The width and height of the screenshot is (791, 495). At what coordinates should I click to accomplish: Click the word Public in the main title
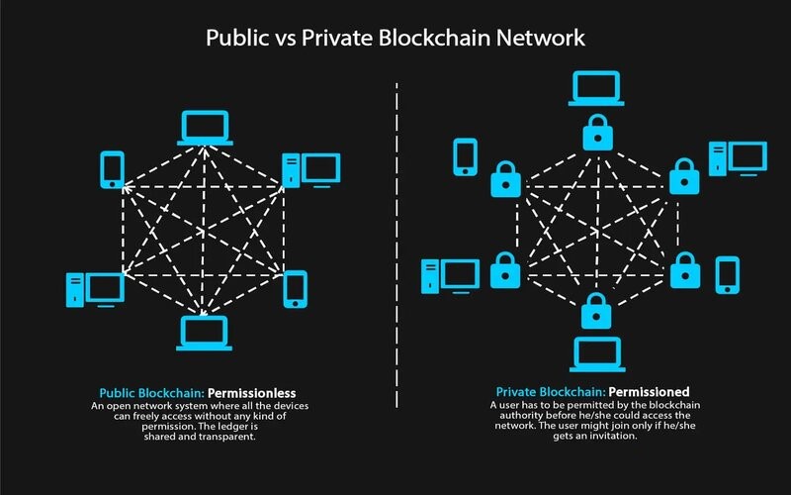[x=237, y=39]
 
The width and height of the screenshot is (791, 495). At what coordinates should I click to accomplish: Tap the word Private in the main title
[x=337, y=38]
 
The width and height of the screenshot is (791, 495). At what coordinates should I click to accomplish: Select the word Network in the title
[x=540, y=38]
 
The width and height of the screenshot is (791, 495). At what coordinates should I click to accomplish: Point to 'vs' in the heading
[x=285, y=40]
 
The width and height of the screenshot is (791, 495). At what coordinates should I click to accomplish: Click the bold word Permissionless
[x=252, y=393]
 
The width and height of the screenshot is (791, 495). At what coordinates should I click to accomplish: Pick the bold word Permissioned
[x=649, y=392]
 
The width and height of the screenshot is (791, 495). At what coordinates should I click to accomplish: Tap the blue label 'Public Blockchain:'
[x=152, y=393]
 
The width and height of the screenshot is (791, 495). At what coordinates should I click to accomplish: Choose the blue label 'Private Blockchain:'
[x=551, y=392]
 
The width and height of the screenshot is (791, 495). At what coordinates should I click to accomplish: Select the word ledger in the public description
[x=233, y=427]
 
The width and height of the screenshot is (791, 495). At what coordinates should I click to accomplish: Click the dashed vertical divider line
[x=397, y=245]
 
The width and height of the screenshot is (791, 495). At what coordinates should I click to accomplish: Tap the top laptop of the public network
[x=205, y=128]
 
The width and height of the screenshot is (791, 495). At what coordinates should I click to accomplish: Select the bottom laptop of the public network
[x=205, y=334]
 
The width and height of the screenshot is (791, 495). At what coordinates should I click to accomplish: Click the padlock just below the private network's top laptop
[x=598, y=133]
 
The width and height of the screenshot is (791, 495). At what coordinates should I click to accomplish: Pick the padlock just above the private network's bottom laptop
[x=596, y=311]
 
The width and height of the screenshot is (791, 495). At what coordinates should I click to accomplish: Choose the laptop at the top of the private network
[x=596, y=88]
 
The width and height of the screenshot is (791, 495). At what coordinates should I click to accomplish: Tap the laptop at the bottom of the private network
[x=597, y=354]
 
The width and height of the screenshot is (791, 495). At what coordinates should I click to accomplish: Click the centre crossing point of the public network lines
[x=204, y=232]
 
